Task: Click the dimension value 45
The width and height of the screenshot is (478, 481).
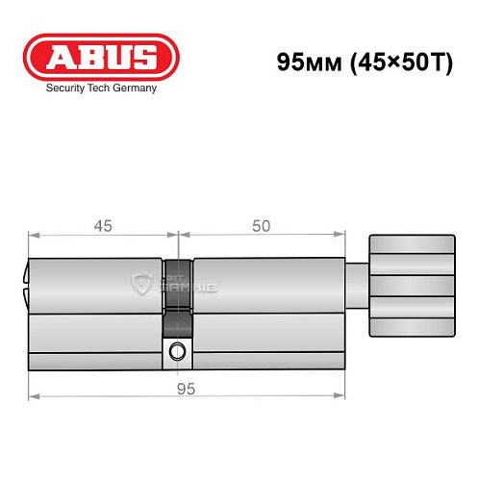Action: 103,226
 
